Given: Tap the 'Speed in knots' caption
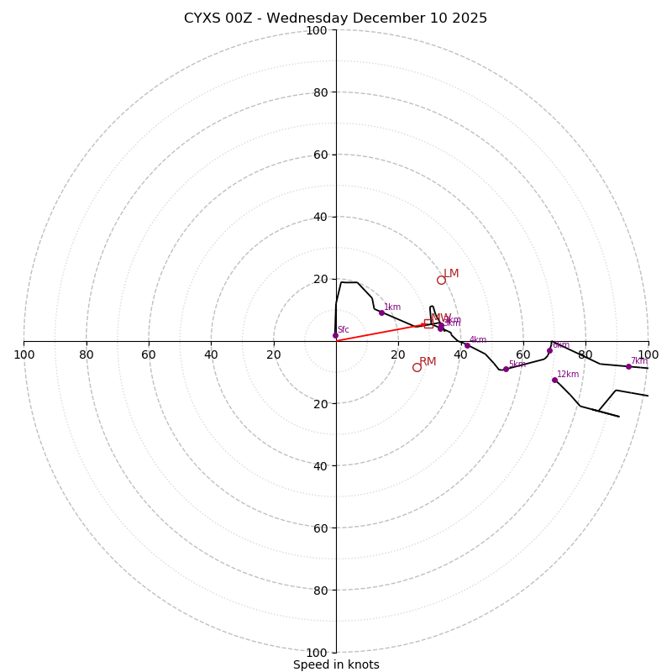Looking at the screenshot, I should (x=336, y=664).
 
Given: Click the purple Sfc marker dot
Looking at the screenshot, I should (x=335, y=335).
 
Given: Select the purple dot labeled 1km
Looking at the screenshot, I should (x=381, y=312).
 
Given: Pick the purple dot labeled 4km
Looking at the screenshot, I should (x=467, y=345).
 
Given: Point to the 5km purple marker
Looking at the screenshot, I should (x=506, y=369).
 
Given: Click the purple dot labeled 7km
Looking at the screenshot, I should (x=628, y=366).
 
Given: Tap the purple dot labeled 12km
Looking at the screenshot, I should (x=554, y=380).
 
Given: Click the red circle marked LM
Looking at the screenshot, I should (x=441, y=280).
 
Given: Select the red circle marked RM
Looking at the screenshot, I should (x=417, y=367).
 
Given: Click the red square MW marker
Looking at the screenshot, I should (x=428, y=323).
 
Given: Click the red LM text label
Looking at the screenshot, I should (x=451, y=274).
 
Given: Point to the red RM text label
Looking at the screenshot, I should (x=428, y=361).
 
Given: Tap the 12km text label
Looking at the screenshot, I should (x=568, y=375).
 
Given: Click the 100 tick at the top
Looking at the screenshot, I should (x=317, y=30).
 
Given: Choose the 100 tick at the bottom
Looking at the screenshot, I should (x=317, y=653).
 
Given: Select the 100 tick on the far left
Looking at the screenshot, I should (x=24, y=354).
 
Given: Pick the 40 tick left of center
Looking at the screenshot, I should (x=211, y=354).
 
